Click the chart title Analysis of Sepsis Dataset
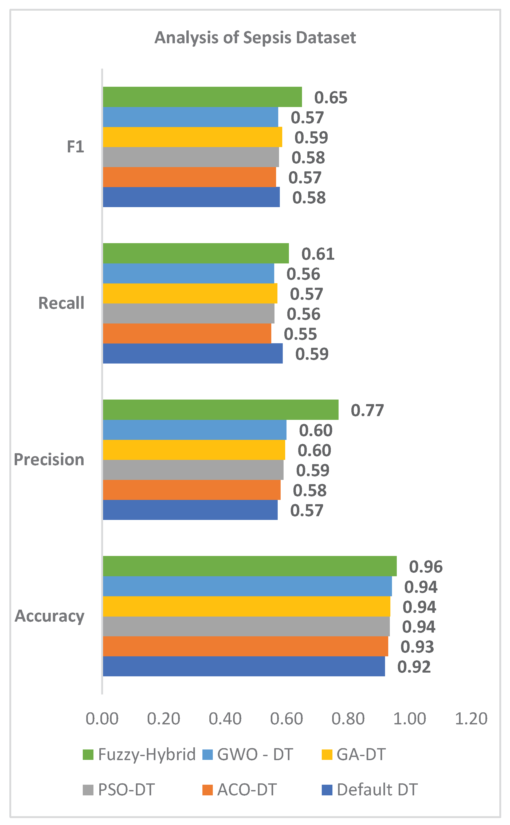point(255,37)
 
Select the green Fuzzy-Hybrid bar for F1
point(202,97)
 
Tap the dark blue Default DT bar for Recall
point(193,353)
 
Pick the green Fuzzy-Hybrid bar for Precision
point(221,410)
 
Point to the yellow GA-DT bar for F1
point(193,137)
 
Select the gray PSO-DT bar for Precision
point(193,470)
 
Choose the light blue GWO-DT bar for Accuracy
point(247,586)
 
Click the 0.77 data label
point(367,410)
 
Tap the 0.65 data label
point(331,97)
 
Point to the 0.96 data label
point(426,567)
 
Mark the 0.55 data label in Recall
point(300,334)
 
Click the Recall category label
point(61,303)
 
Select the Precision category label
point(49,459)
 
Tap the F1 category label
point(76,147)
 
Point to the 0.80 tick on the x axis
point(348,719)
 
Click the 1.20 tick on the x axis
point(471,719)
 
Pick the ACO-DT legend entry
point(240,790)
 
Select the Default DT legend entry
point(370,790)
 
